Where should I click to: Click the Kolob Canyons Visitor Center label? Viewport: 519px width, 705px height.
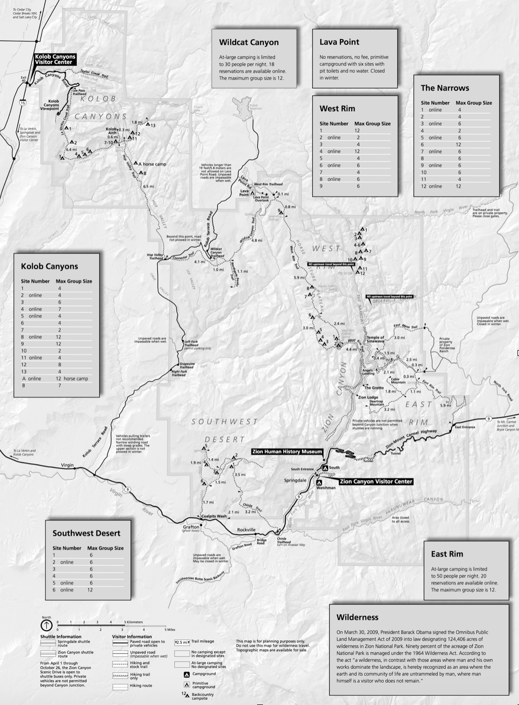pos(55,59)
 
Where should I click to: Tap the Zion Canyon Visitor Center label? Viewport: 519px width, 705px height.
pos(376,481)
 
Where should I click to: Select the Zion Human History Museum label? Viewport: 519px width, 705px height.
pos(287,451)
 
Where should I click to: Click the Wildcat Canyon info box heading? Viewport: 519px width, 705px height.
pos(248,42)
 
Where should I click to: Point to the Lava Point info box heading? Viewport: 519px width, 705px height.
pos(339,42)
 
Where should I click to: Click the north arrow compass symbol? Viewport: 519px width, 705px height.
pos(46,625)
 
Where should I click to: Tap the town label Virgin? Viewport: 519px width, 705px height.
pos(67,465)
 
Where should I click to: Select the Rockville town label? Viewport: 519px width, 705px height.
pos(246,530)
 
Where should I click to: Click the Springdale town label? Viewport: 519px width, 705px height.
pos(295,480)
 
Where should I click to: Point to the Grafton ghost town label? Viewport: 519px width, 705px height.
pos(191,527)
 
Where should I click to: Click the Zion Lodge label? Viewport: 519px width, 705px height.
pos(368,397)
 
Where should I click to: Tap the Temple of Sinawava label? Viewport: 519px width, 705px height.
pos(375,339)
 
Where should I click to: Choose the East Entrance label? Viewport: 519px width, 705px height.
pos(464,427)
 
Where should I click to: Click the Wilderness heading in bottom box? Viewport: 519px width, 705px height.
pos(357,617)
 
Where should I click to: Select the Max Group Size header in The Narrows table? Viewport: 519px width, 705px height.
pos(474,103)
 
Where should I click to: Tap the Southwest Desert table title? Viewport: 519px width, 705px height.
pos(86,533)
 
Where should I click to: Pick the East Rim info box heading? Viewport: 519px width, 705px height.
pos(447,554)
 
